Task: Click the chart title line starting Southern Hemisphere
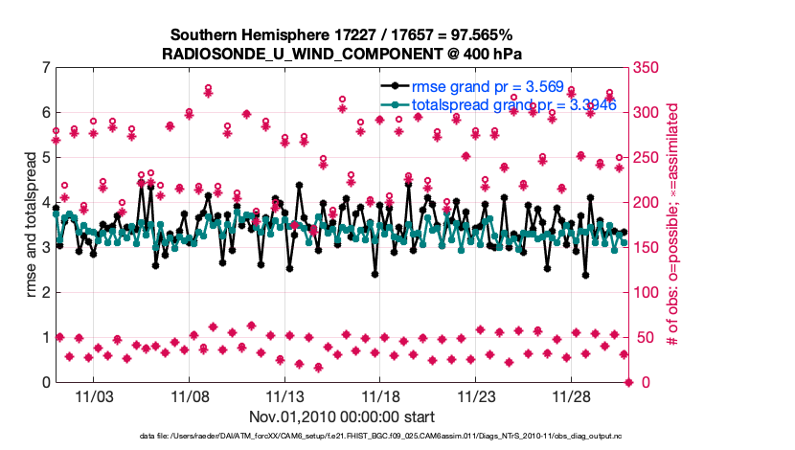342,34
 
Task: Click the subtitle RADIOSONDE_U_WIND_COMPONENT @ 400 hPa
342,53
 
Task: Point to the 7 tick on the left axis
46,67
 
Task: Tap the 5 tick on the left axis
46,157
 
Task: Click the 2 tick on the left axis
46,292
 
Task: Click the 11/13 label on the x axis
285,395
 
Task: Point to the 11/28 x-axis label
572,395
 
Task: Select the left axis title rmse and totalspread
31,224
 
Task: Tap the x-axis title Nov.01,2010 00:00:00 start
342,416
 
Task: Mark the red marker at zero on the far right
628,382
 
